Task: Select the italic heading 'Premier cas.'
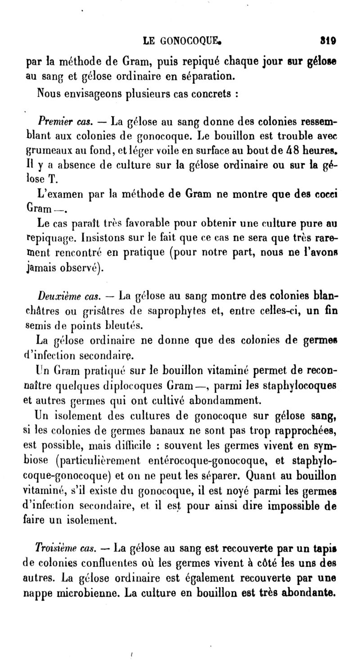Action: pyautogui.click(x=65, y=122)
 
